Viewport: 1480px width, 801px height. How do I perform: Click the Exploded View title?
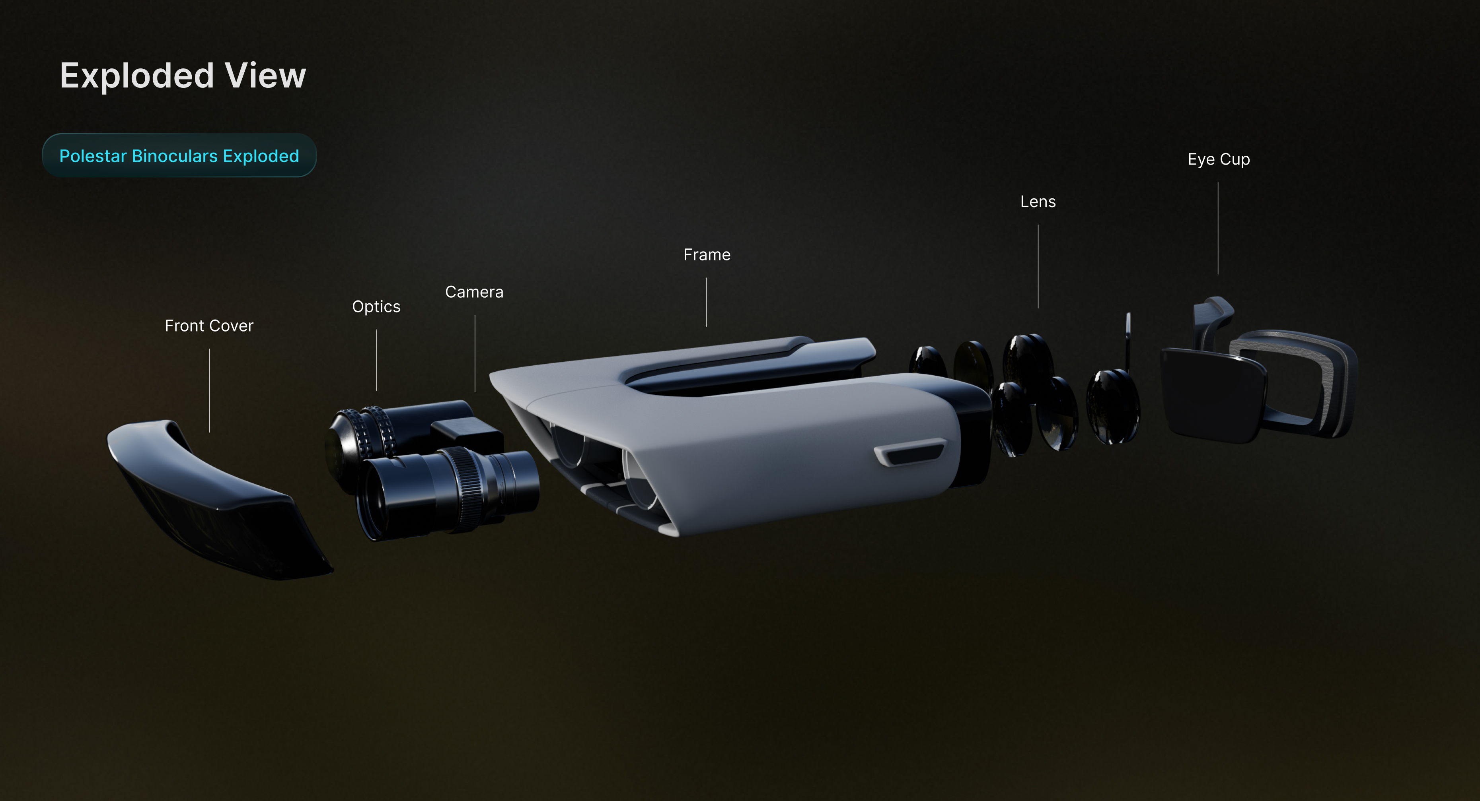tap(183, 76)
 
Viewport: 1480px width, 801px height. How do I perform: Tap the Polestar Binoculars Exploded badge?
tap(179, 155)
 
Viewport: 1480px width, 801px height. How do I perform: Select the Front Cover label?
tap(209, 326)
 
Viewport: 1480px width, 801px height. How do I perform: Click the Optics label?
tap(376, 306)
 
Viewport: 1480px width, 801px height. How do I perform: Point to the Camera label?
tap(475, 292)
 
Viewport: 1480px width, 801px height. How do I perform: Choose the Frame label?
tap(707, 254)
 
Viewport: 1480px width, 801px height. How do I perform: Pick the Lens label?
tap(1038, 202)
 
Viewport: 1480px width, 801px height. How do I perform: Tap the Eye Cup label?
tap(1219, 159)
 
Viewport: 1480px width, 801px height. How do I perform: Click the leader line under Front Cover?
tap(210, 390)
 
